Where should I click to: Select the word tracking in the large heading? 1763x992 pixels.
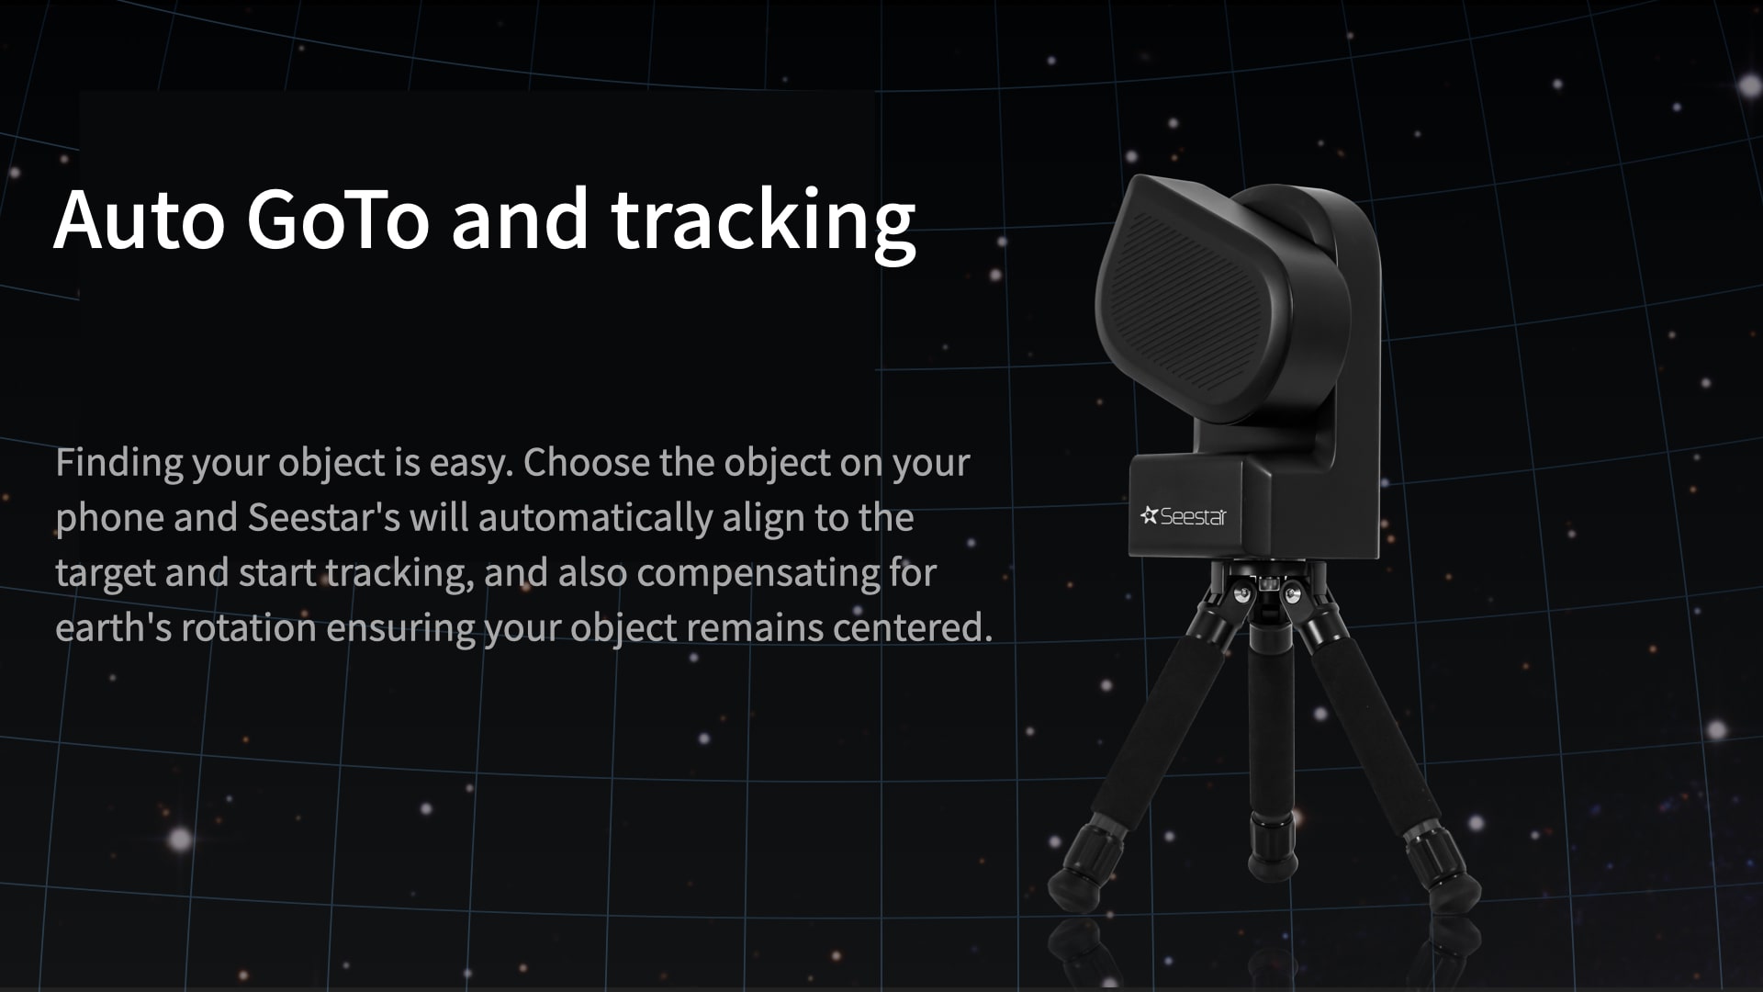tap(764, 225)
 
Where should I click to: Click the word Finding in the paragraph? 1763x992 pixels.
tap(119, 463)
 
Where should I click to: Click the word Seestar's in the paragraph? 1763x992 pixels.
tap(324, 517)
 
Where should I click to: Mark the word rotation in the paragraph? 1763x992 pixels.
tap(249, 628)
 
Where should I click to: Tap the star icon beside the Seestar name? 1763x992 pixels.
tap(1149, 515)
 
